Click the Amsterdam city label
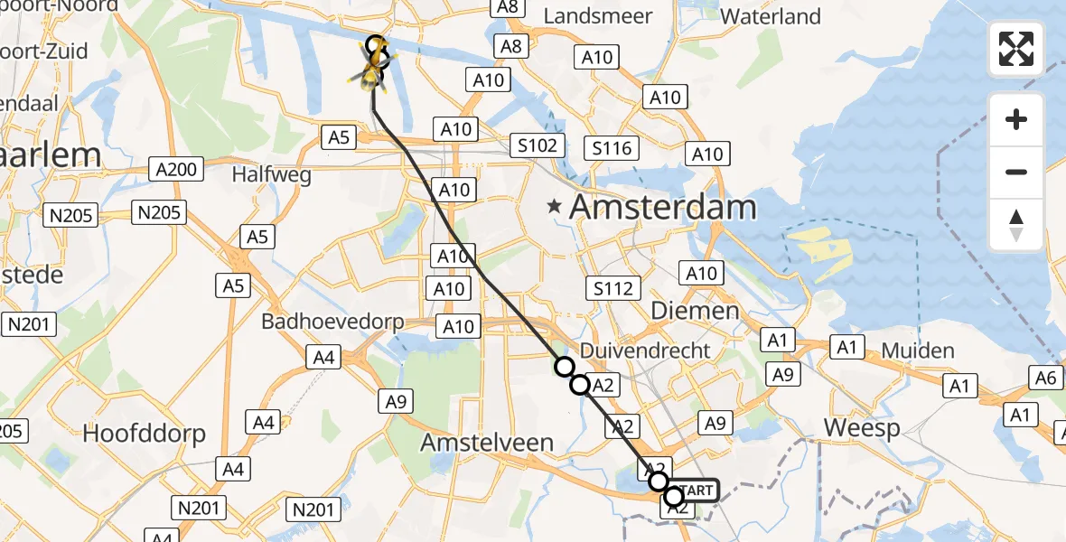[x=662, y=207]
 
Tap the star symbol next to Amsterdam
[x=554, y=208]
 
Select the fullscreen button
[x=1016, y=49]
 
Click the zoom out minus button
[x=1016, y=172]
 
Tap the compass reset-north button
[x=1016, y=225]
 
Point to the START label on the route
[x=695, y=491]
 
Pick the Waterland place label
[x=771, y=16]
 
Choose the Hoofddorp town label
[x=144, y=433]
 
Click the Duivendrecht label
[x=645, y=350]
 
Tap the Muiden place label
[x=917, y=350]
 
